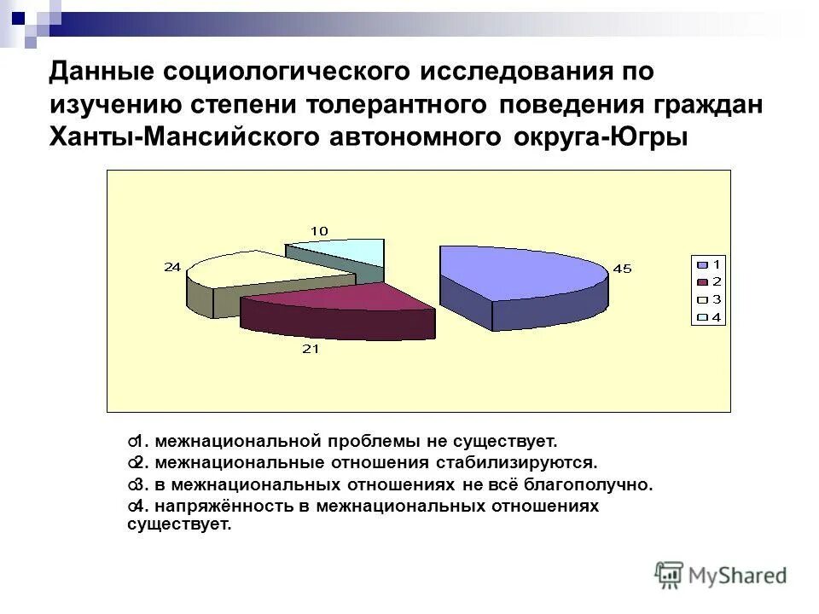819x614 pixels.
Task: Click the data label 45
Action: pos(622,269)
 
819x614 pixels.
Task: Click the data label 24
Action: pos(172,266)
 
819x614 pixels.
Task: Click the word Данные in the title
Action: pos(107,72)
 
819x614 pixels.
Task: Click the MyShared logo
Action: pos(721,574)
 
